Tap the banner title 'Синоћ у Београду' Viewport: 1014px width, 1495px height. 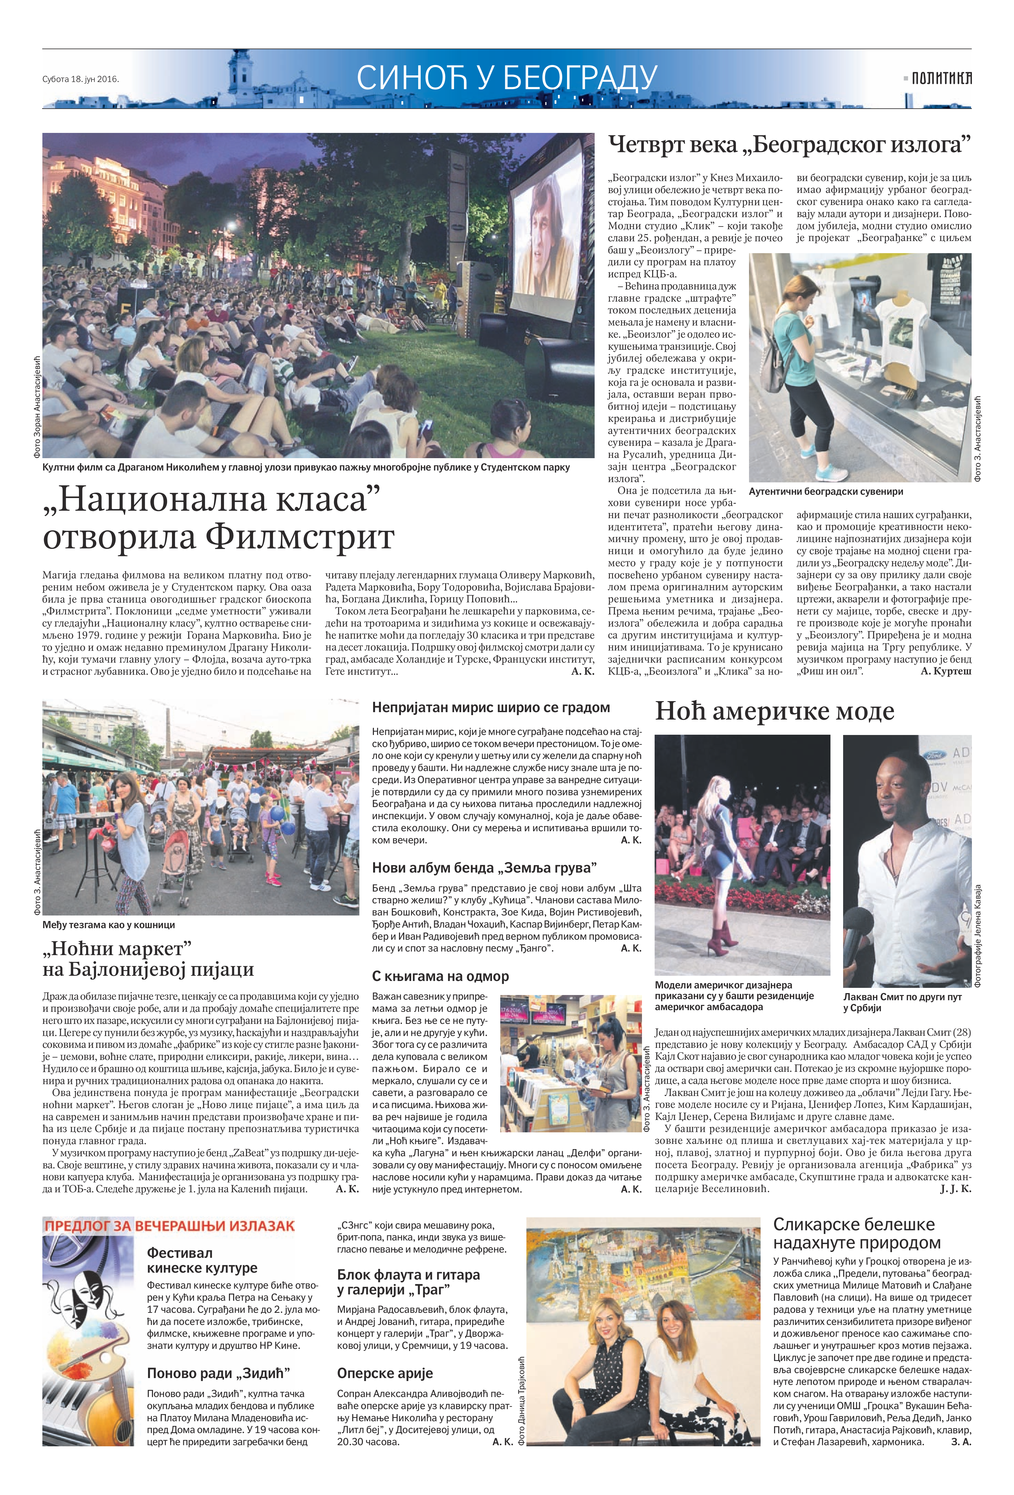(x=507, y=77)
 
